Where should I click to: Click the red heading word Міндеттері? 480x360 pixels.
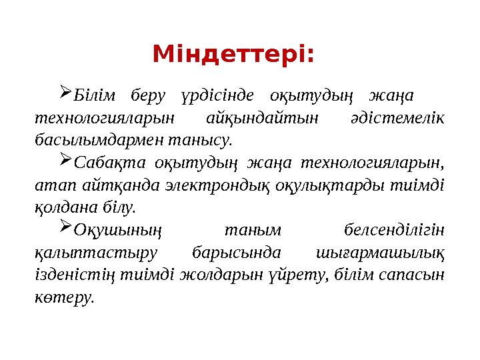point(233,53)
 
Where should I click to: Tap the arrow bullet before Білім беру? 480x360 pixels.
point(65,91)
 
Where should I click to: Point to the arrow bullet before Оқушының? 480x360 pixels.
point(65,228)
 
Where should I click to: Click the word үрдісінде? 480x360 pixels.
point(217,95)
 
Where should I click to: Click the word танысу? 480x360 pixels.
point(210,141)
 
